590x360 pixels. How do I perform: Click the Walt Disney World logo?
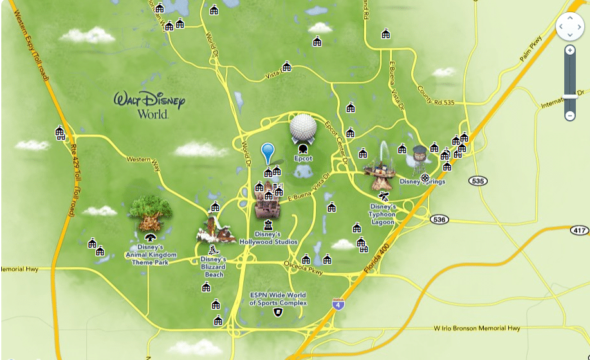(x=149, y=105)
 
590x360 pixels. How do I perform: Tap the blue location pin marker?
(x=268, y=153)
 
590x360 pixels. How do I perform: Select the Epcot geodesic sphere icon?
(x=304, y=129)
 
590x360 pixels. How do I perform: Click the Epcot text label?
(x=303, y=158)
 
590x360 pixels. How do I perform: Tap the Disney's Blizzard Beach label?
(x=214, y=267)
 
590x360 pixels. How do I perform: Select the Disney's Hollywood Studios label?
(x=268, y=238)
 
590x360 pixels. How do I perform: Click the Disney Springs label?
(x=422, y=182)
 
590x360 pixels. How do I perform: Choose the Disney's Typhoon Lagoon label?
(x=382, y=214)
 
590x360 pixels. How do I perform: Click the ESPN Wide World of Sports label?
(x=278, y=299)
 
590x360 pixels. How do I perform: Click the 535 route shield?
(x=477, y=181)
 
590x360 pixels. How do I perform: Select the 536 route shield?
(x=439, y=220)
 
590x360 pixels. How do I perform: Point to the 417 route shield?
(x=579, y=230)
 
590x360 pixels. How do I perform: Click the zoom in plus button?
(x=570, y=50)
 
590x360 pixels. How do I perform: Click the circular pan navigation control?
(x=569, y=26)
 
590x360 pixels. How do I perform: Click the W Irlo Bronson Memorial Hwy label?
(x=477, y=328)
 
